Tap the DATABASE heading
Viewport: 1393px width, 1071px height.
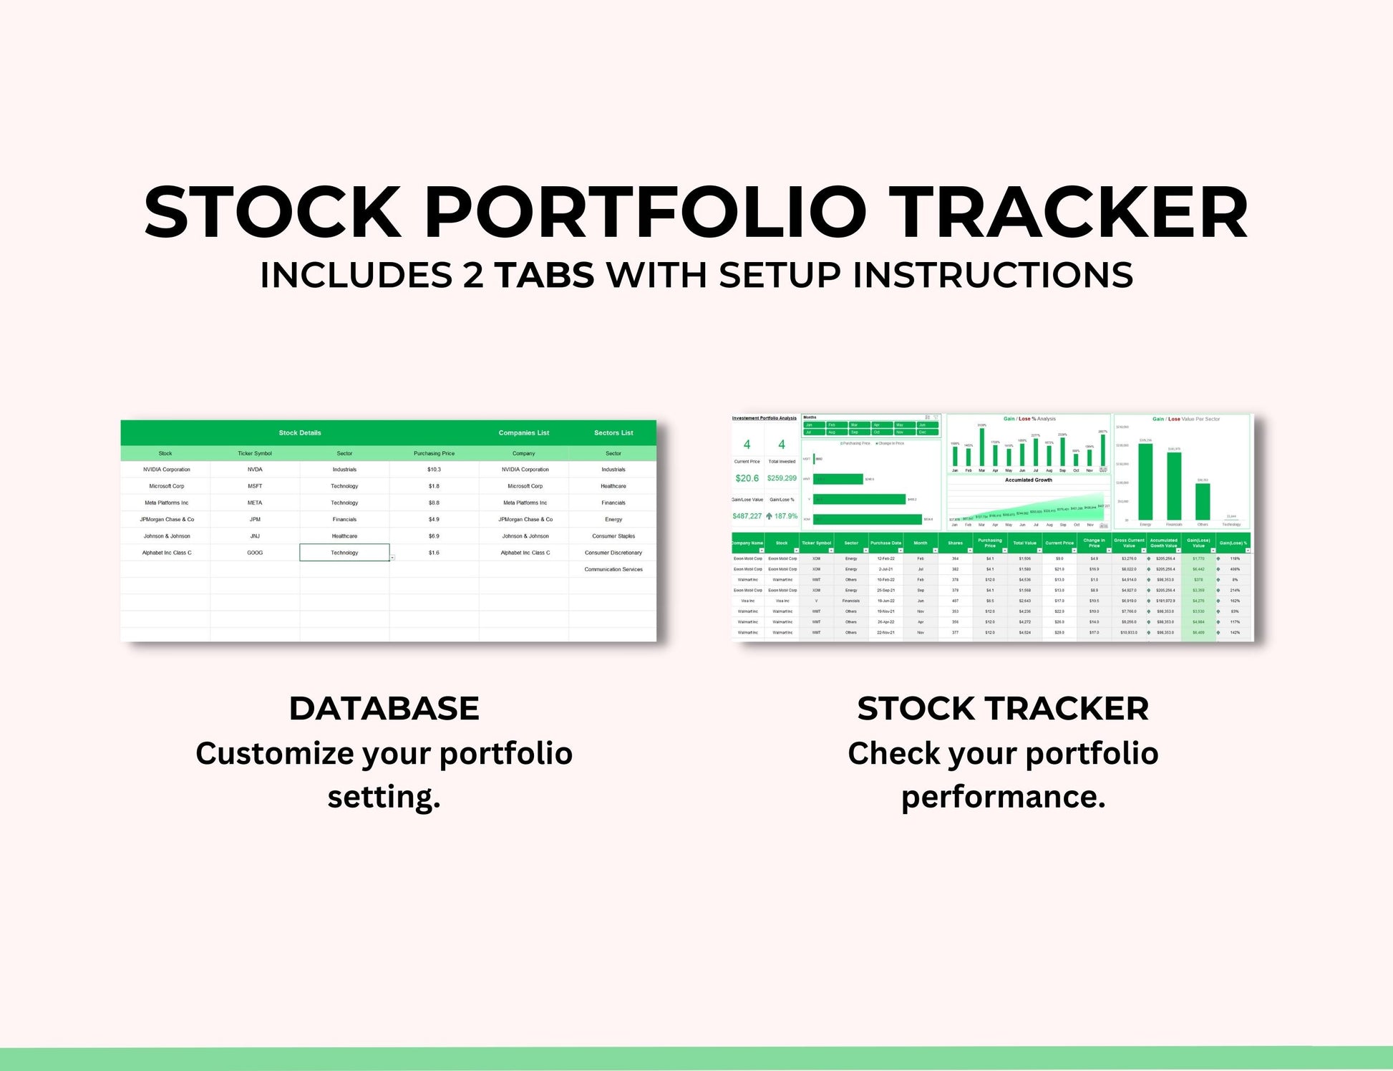(384, 708)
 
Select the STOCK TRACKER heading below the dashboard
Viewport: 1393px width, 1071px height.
(1002, 708)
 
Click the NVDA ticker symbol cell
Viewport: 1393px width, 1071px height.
(255, 470)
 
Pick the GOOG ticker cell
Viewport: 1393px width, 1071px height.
(255, 553)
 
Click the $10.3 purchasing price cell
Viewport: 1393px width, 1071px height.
(434, 470)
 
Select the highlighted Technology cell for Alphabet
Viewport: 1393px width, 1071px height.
(344, 553)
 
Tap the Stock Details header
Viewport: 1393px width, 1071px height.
(300, 432)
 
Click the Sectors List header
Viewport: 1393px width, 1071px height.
(613, 432)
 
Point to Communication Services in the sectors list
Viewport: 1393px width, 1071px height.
(613, 569)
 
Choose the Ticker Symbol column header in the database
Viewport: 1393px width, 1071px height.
(255, 453)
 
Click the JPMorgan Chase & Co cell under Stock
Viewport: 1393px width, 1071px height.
(167, 519)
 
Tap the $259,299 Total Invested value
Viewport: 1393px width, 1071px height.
(782, 478)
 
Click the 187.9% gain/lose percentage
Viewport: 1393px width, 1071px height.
(785, 516)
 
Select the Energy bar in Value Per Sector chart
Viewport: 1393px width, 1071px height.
(1145, 482)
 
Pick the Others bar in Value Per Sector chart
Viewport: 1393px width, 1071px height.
(1203, 501)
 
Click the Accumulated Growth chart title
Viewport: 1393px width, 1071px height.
(1028, 480)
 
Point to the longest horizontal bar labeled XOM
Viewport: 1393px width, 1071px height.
(867, 519)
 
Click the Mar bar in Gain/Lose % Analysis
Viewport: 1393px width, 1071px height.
(981, 448)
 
